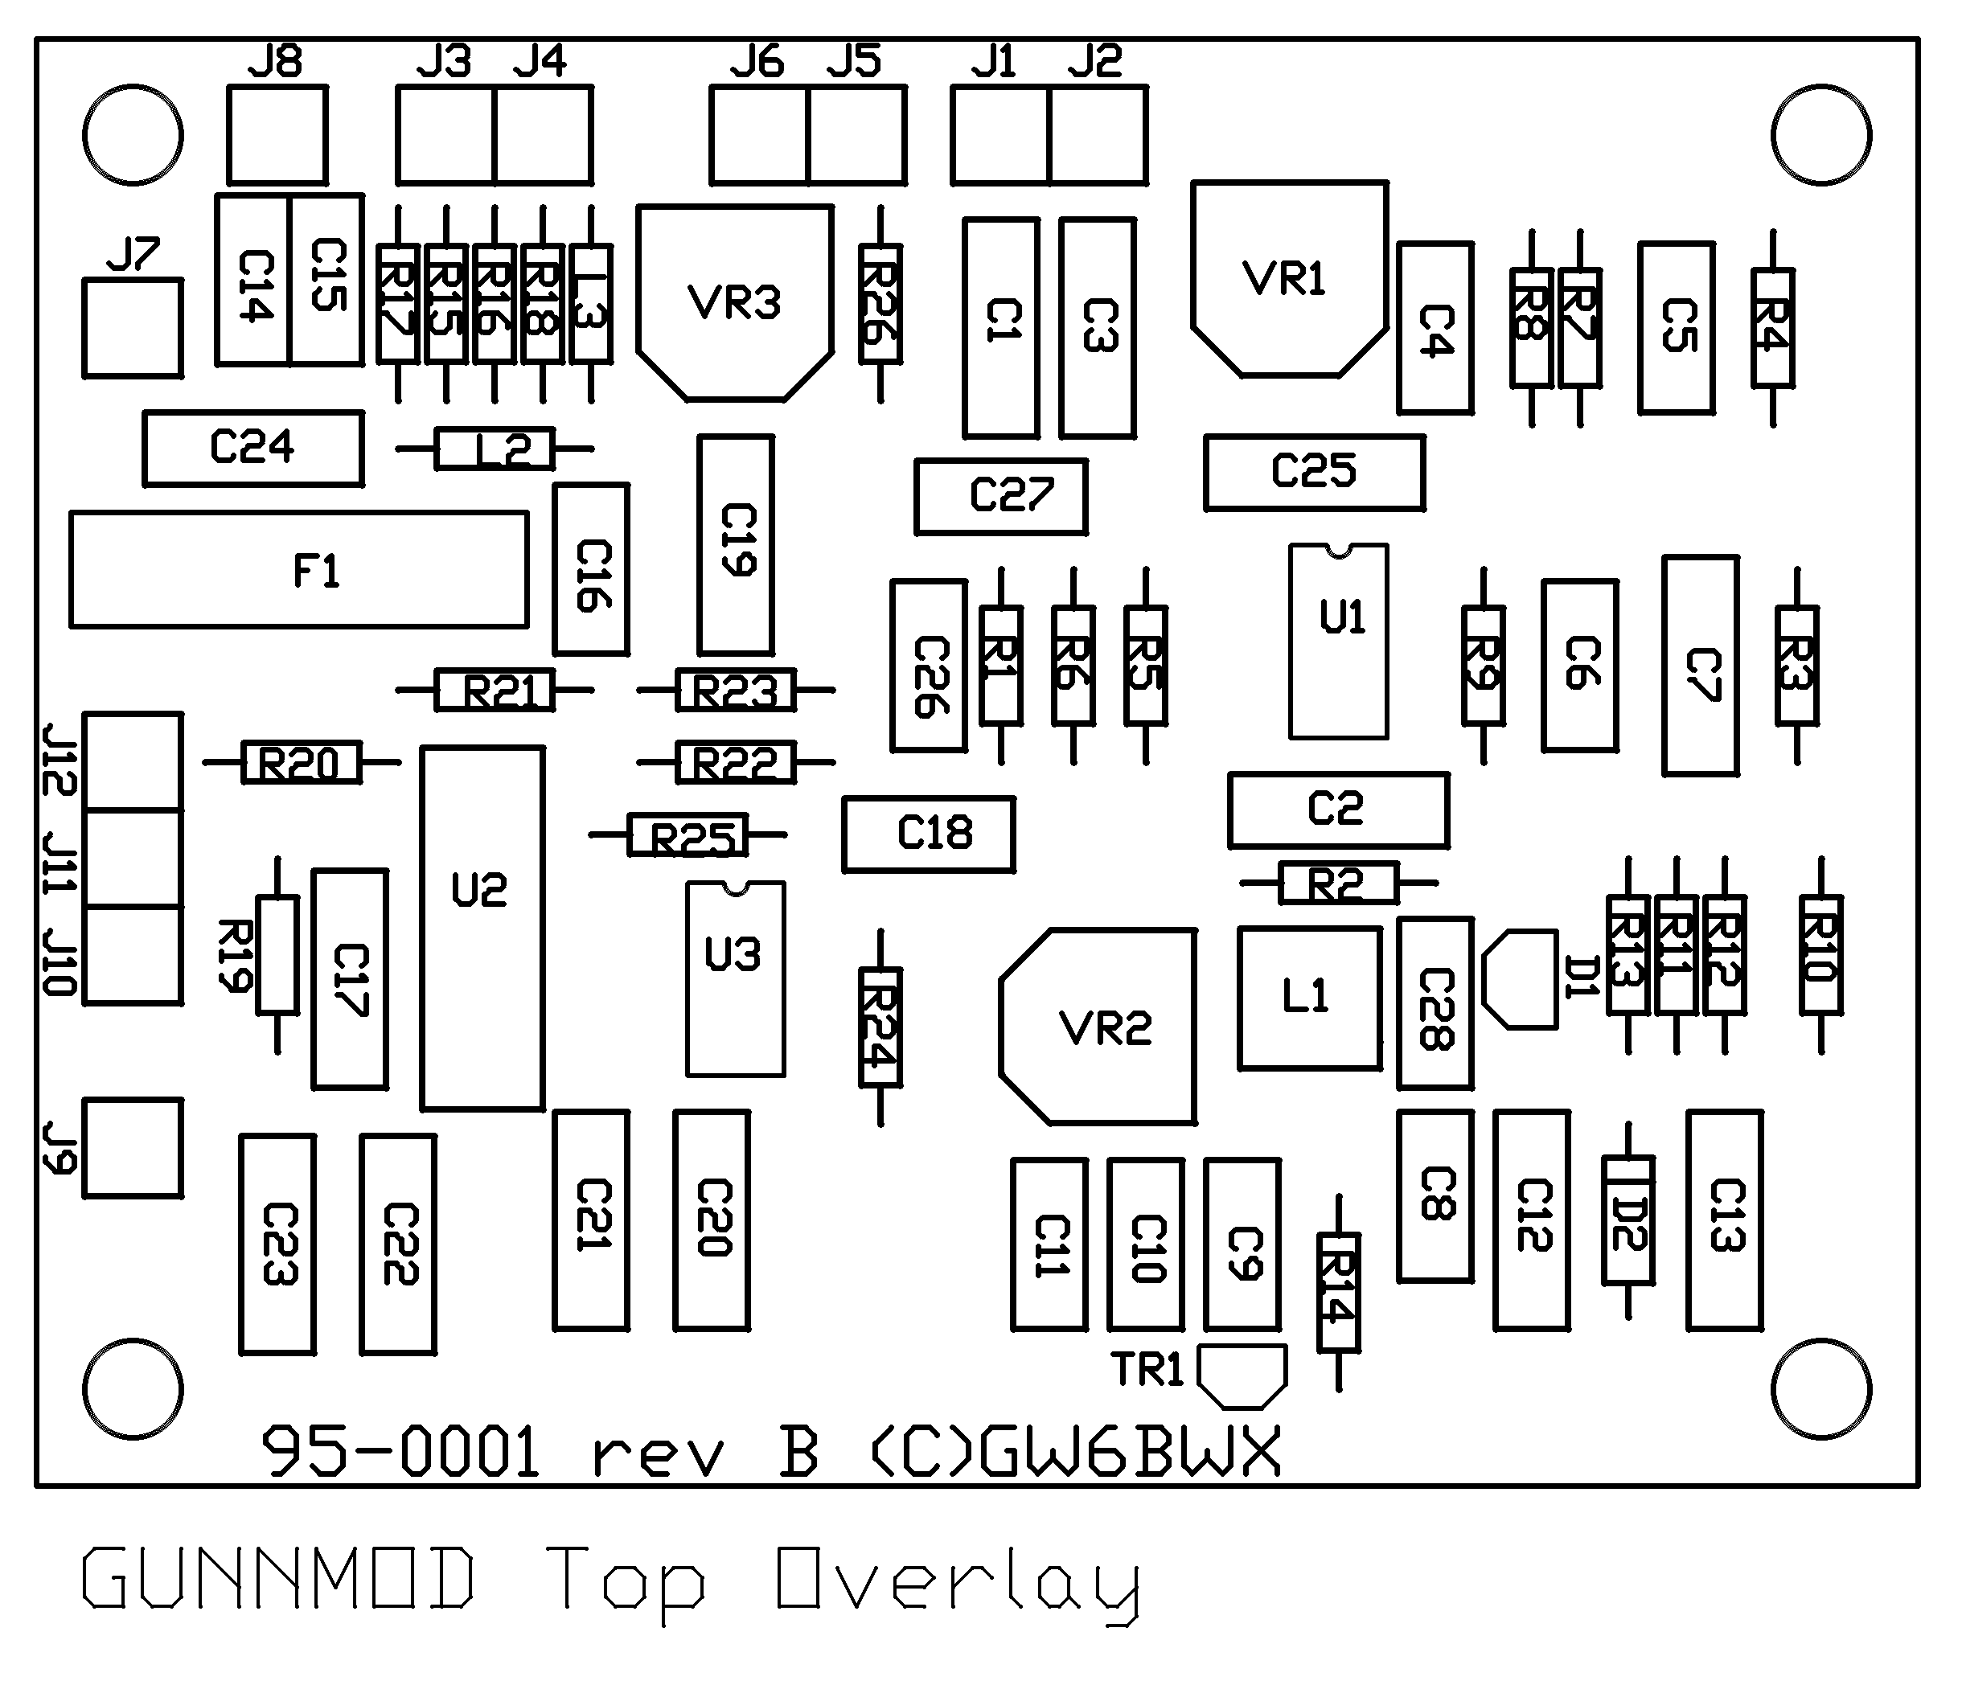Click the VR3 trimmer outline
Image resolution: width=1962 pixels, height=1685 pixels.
click(735, 303)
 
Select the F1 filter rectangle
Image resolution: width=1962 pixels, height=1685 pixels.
click(299, 570)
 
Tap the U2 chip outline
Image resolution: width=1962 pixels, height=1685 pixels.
click(482, 928)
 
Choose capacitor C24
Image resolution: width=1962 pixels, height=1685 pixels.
click(252, 448)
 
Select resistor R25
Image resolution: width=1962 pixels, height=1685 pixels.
click(688, 836)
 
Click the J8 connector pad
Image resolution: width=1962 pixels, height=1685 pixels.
click(277, 134)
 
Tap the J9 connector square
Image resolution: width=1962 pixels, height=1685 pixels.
click(133, 1148)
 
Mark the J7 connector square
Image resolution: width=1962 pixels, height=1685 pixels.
click(133, 327)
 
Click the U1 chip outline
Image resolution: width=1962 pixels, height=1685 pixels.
click(1338, 642)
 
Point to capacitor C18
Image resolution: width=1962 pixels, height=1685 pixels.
click(929, 834)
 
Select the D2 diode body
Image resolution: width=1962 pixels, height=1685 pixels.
click(1627, 1220)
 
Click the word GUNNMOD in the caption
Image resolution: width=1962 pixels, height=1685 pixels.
click(277, 1578)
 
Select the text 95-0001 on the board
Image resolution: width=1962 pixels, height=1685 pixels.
click(400, 1451)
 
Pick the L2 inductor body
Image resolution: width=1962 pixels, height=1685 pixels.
click(495, 449)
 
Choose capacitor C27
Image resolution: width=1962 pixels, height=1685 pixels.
click(1001, 496)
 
